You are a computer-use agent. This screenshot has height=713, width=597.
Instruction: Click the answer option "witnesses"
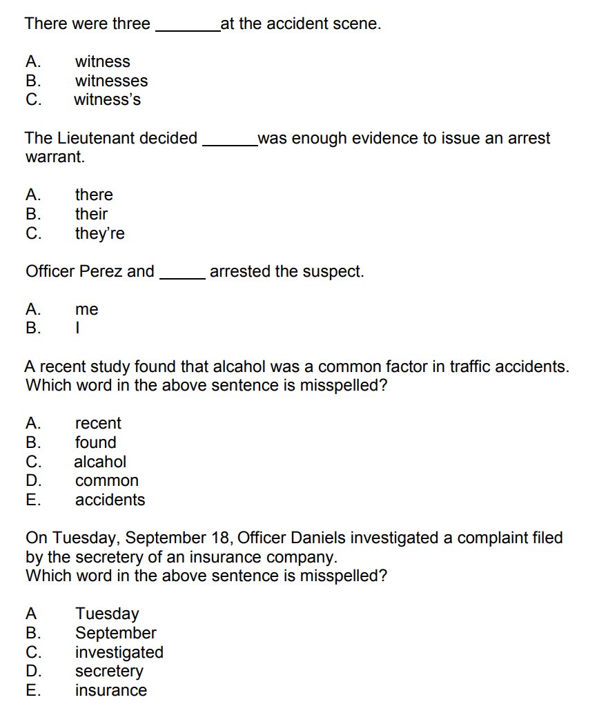click(111, 81)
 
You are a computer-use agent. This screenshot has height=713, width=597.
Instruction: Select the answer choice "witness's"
click(107, 99)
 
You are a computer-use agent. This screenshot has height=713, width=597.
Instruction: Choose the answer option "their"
click(91, 214)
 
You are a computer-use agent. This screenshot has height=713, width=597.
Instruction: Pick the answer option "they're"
click(99, 233)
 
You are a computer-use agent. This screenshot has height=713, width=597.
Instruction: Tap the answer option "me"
click(87, 309)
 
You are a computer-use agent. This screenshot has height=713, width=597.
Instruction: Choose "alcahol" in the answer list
click(100, 461)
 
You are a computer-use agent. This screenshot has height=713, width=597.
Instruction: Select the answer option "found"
click(95, 442)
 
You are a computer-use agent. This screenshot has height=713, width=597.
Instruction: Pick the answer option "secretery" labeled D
click(109, 671)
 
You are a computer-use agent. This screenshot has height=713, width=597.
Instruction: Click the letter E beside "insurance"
click(31, 690)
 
